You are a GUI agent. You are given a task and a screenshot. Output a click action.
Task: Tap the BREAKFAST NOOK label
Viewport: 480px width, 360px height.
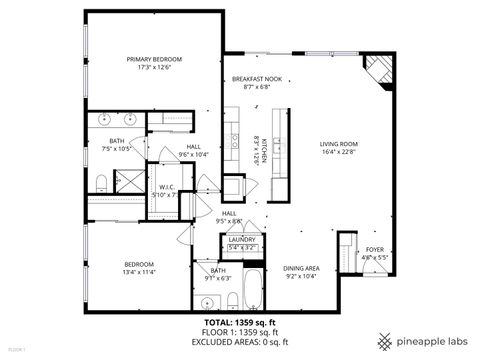click(250, 79)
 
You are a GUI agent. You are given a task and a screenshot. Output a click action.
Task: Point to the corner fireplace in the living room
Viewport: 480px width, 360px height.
click(377, 72)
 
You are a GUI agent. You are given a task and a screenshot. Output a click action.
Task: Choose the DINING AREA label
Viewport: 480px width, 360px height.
click(301, 267)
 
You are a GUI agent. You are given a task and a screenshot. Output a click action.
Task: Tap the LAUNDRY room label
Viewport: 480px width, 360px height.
click(242, 240)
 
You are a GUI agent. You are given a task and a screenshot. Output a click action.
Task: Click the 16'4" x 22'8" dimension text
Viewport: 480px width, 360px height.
click(339, 153)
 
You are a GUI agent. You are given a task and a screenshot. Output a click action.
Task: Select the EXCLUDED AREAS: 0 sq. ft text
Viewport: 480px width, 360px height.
click(240, 343)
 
